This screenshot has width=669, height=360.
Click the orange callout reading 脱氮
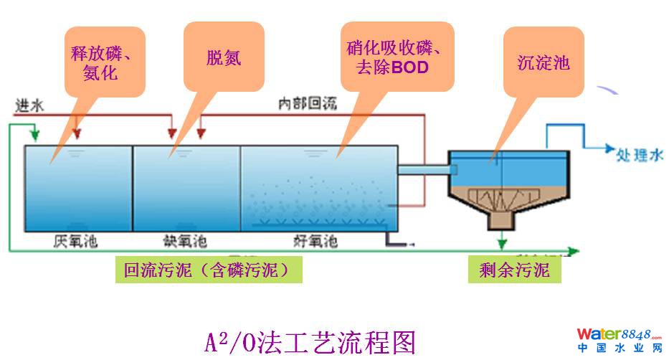224,58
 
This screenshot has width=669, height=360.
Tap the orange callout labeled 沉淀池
543,62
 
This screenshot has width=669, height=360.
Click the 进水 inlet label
30,105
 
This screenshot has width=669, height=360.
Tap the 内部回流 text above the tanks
308,105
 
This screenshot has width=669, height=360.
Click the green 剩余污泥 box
514,270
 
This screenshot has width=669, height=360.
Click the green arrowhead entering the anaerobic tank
33,136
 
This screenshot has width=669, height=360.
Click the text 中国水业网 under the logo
620,349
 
